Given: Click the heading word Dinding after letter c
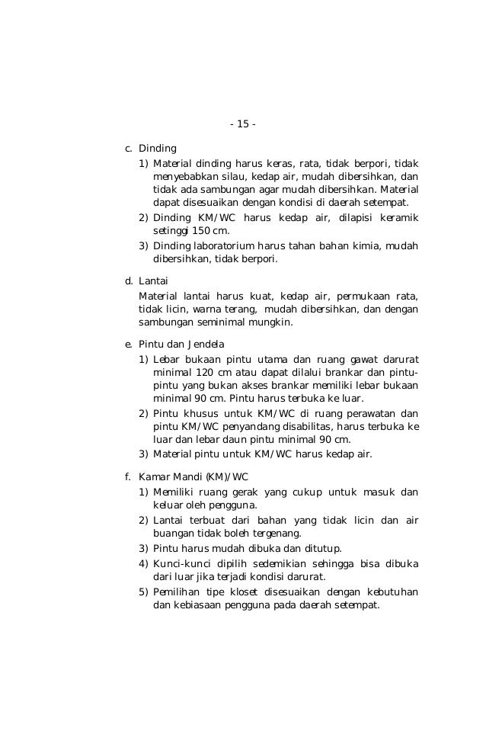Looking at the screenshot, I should tap(157, 148).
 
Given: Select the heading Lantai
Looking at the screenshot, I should tap(154, 281).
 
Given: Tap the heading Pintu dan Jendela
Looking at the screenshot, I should tap(181, 344).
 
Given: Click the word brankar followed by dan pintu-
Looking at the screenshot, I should tap(366, 373).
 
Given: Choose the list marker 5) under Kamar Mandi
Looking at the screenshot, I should tap(143, 592).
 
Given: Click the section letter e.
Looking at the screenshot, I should tap(128, 344).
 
